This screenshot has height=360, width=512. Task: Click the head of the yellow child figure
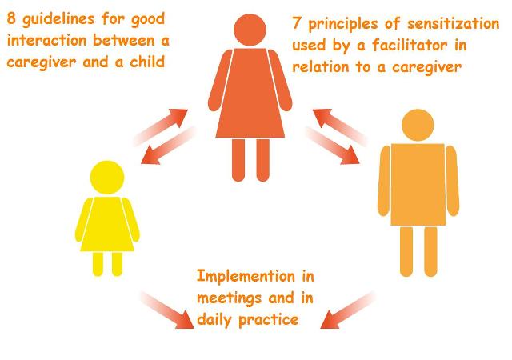(x=106, y=177)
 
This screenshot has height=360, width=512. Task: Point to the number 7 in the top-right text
(x=298, y=26)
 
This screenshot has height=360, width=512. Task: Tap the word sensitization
(x=440, y=26)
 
